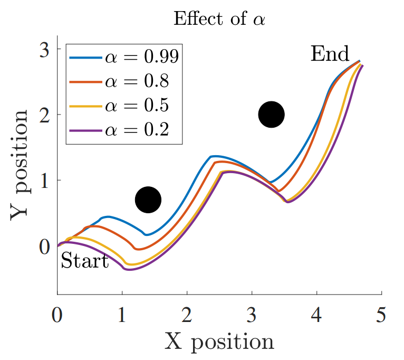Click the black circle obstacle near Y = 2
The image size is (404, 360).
(x=271, y=115)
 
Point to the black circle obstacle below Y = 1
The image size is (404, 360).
(x=148, y=200)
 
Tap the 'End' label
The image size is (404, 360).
(x=330, y=54)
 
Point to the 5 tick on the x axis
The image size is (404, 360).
(x=381, y=317)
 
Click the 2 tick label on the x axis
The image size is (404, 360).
(x=187, y=317)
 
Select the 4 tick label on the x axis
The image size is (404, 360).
(x=317, y=317)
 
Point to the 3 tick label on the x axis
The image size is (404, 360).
(x=252, y=317)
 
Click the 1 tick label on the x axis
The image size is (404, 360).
(x=122, y=317)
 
